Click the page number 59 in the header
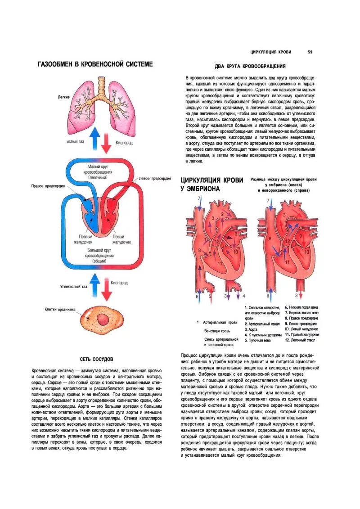click(x=310, y=52)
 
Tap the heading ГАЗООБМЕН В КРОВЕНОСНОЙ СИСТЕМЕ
click(x=95, y=64)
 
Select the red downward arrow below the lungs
click(x=106, y=143)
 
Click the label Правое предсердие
click(x=48, y=186)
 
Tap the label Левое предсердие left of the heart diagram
click(x=155, y=178)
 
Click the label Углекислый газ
click(x=73, y=286)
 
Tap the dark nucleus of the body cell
click(x=103, y=320)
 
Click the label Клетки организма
click(x=60, y=309)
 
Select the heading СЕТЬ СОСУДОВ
click(x=96, y=359)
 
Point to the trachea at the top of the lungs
click(x=102, y=84)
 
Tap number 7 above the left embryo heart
click(x=198, y=201)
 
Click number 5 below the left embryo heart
click(x=210, y=296)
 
